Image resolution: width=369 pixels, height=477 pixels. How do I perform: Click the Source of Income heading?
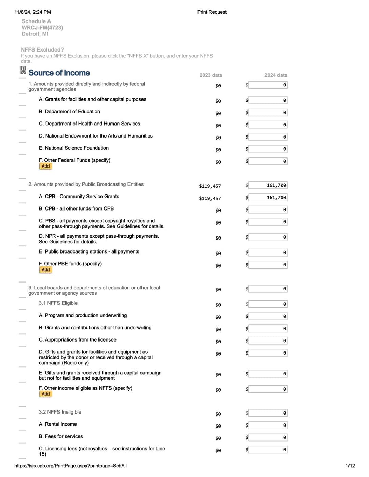coord(59,73)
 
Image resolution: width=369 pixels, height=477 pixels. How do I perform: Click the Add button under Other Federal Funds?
coord(46,166)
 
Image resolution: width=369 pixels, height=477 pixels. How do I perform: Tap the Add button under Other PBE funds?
coord(46,270)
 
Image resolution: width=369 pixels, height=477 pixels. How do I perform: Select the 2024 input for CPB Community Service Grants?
coord(268,198)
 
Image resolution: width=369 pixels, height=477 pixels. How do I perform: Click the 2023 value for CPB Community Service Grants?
coord(210,198)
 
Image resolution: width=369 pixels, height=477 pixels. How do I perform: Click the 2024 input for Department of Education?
coord(268,113)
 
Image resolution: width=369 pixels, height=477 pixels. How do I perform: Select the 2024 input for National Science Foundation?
coord(268,149)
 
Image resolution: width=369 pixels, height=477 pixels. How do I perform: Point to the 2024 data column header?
coord(275,75)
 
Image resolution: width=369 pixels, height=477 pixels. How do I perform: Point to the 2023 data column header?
coord(210,75)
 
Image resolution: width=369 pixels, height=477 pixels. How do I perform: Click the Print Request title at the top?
coord(212,12)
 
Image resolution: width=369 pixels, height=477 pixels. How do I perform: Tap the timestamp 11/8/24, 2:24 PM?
coord(33,12)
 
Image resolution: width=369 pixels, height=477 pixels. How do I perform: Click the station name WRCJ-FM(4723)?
coord(42,28)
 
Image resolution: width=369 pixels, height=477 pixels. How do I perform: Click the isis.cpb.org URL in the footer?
coord(70,466)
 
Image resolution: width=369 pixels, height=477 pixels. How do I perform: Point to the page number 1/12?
coord(350,466)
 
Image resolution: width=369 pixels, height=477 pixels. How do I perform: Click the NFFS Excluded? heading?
coord(42,50)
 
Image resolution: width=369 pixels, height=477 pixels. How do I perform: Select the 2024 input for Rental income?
coord(268,425)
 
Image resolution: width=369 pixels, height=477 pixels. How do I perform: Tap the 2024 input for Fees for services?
coord(268,438)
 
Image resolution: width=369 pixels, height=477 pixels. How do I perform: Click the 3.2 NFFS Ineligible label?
coord(60,412)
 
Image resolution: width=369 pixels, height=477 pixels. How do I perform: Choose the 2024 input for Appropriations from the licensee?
coord(268,341)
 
